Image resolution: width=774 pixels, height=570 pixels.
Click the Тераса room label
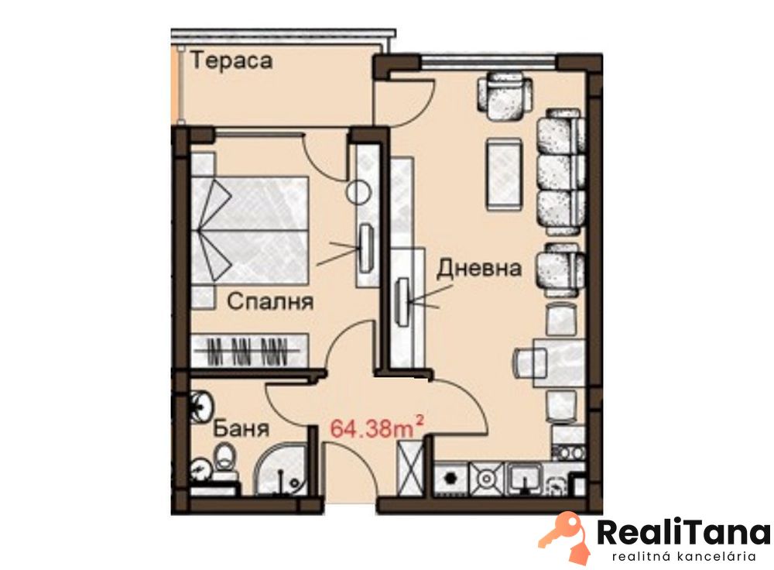231,60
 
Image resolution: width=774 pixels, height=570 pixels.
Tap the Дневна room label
479,268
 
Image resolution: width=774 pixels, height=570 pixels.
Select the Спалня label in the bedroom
270,300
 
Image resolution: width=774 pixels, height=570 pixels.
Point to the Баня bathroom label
241,428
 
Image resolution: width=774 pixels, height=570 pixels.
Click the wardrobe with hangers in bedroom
250,351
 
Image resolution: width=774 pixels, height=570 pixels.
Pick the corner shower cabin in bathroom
281,469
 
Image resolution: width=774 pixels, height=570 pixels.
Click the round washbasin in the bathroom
202,406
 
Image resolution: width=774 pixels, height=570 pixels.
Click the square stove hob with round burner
487,478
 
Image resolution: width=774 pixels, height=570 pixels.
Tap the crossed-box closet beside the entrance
410,467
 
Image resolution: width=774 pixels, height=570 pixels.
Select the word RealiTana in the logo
683,533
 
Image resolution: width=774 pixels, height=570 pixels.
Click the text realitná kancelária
683,557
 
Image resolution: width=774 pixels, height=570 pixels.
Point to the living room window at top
489,62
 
